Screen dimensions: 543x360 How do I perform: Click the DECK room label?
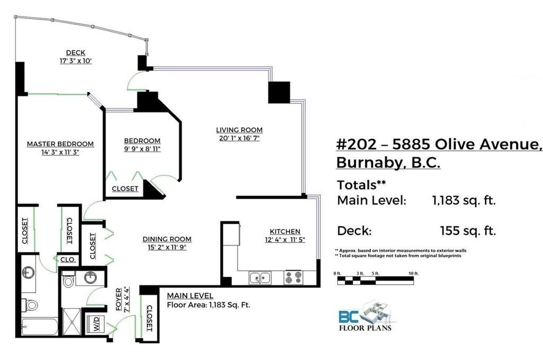pos(75,52)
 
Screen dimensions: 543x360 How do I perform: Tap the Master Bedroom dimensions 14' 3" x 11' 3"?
pos(60,152)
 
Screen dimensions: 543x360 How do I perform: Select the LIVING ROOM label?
pos(239,130)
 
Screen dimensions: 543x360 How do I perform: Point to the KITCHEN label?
pos(285,231)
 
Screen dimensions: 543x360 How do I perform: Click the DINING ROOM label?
pos(167,239)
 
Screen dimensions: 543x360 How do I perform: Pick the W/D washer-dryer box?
pos(96,323)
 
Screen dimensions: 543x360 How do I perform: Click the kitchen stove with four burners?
pos(293,278)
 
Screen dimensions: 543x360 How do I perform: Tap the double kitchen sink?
pos(260,278)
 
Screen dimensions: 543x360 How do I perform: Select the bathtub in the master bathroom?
pos(39,327)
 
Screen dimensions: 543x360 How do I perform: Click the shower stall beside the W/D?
pos(72,322)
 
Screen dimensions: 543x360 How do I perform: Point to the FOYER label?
pos(119,299)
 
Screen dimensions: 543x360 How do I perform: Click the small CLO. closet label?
pos(68,260)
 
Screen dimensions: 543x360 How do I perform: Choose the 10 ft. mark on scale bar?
pos(414,274)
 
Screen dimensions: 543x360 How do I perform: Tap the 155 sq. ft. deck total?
pos(468,231)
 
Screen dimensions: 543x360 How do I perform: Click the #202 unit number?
pos(356,144)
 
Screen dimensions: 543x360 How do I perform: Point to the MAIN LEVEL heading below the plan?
pos(190,296)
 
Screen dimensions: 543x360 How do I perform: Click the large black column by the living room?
pos(279,92)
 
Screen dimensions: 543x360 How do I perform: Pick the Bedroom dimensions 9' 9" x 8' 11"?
pos(142,149)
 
